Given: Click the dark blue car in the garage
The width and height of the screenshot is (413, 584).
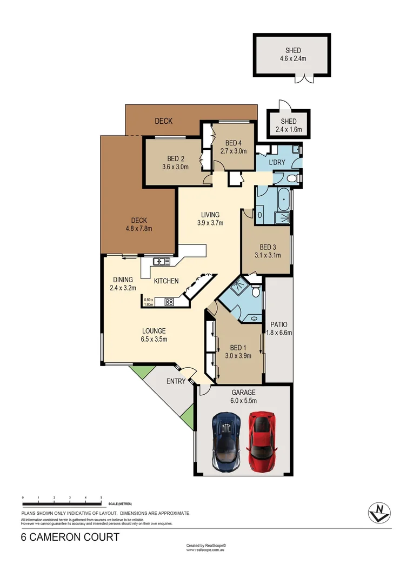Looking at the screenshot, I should (x=226, y=441).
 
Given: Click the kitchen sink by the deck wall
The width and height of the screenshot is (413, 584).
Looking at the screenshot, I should (x=161, y=262).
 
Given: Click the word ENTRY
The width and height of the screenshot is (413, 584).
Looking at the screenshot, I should (x=176, y=381).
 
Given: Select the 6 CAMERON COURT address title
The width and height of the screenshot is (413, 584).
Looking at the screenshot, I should (x=70, y=537).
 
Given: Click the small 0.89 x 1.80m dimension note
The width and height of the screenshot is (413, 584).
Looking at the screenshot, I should (x=149, y=302).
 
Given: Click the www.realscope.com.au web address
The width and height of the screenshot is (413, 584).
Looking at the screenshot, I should (x=205, y=550).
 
